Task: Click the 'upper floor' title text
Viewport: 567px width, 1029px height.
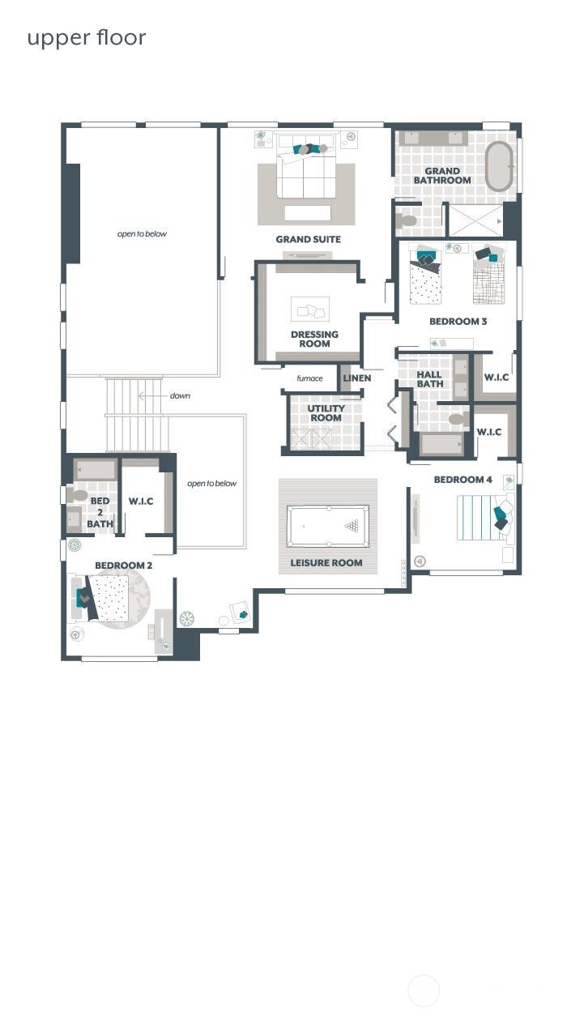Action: click(x=86, y=38)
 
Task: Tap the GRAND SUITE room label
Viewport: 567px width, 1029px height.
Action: click(x=308, y=239)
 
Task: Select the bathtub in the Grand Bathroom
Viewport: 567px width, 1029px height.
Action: click(x=499, y=166)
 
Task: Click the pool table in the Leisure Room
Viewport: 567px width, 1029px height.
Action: click(x=328, y=526)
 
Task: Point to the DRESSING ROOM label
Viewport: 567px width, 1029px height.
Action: click(x=314, y=339)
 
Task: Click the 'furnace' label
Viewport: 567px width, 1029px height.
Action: click(x=309, y=378)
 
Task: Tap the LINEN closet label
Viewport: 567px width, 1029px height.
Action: click(x=356, y=378)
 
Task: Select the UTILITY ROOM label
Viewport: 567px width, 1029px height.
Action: click(x=326, y=413)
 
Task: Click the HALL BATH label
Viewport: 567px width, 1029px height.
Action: click(x=429, y=379)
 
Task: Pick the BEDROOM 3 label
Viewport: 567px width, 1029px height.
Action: click(x=458, y=322)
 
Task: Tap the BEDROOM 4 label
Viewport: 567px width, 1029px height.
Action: click(x=463, y=480)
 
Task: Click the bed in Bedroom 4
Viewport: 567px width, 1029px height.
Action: click(x=482, y=518)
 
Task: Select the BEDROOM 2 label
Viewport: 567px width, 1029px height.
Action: click(x=123, y=566)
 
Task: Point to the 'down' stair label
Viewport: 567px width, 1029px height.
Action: click(x=180, y=396)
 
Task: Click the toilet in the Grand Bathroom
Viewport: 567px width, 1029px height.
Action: click(x=406, y=220)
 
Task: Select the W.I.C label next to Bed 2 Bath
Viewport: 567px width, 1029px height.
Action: click(x=140, y=502)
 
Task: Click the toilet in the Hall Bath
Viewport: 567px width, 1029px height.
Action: click(x=458, y=420)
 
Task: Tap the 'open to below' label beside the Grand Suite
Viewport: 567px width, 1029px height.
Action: click(x=142, y=234)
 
